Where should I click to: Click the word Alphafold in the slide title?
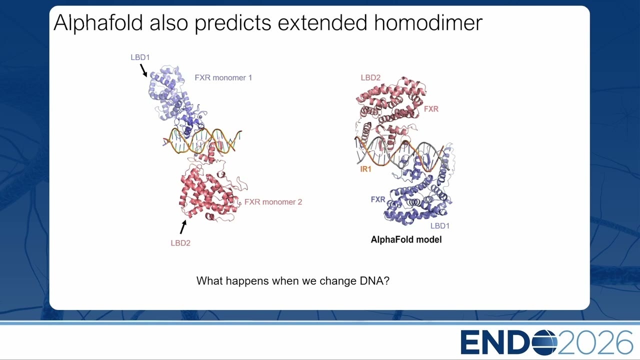coord(98,22)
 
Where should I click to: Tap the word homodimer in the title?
coord(428,22)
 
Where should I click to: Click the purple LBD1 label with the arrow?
coord(140,57)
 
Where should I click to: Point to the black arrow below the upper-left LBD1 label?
coord(143,70)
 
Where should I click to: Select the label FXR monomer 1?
coord(223,77)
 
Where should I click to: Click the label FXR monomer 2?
coord(273,202)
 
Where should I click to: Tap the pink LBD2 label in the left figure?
coord(180,243)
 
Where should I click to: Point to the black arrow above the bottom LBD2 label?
coord(183,226)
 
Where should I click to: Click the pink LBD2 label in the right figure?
coord(370,77)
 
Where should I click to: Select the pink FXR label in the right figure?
coord(431,109)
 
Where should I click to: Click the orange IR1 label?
coord(365,169)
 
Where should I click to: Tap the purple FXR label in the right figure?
coord(378,199)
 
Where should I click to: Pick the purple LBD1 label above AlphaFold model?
coord(440,226)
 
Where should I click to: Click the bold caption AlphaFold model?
coord(406,239)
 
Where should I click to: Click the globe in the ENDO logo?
coord(545,342)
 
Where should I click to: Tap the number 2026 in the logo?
coord(595,342)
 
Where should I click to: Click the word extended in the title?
coord(322,22)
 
